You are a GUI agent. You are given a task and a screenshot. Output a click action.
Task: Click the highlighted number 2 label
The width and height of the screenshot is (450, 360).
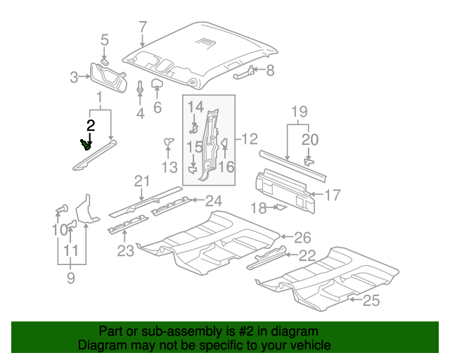click(x=90, y=126)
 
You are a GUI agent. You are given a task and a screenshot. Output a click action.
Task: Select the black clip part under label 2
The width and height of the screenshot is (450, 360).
click(x=86, y=145)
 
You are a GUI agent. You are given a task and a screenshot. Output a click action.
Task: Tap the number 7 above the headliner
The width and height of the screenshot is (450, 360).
click(x=143, y=27)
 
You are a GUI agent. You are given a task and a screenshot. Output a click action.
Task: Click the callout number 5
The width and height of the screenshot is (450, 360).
click(x=104, y=40)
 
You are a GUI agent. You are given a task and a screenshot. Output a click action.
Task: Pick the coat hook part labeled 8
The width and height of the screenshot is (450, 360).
click(x=243, y=70)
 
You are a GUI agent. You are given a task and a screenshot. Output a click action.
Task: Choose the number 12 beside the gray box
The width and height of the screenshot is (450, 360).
click(x=250, y=139)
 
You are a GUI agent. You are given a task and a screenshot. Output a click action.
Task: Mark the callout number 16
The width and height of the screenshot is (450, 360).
click(x=226, y=167)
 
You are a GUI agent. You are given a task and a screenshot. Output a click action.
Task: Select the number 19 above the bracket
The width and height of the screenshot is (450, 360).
click(x=300, y=110)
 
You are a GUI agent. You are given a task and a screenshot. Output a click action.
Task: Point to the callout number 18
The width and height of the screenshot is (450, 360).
click(x=259, y=207)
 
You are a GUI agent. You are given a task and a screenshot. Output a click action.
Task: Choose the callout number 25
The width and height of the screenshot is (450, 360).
click(x=371, y=301)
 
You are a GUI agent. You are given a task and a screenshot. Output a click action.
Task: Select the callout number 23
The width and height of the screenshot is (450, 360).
click(x=124, y=250)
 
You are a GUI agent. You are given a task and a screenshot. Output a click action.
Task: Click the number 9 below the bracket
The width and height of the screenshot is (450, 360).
click(x=70, y=278)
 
